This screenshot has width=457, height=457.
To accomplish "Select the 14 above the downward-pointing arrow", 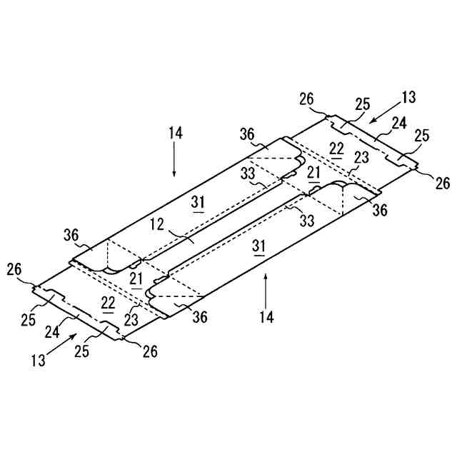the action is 176,132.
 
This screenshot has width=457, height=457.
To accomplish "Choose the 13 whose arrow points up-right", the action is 38,361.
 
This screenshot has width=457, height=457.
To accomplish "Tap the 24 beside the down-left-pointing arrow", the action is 398,123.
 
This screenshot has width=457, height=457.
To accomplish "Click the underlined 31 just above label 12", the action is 199,203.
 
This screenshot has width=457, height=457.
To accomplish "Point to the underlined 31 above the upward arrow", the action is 259,246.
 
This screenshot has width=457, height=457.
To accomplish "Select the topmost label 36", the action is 247,134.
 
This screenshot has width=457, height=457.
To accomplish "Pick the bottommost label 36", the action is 200,317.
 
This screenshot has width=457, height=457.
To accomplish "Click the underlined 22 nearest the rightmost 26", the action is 336,149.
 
